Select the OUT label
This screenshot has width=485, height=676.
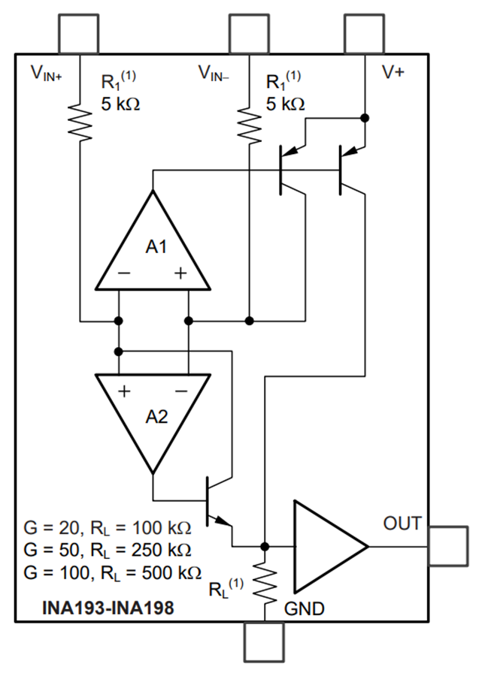pos(402,524)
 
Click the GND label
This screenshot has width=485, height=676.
pos(305,608)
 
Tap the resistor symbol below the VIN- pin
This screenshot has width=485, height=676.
pos(249,124)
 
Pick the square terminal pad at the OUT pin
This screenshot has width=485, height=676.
pos(448,546)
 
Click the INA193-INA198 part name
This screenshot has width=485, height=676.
pos(108,607)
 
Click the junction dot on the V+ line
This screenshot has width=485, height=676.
pos(365,118)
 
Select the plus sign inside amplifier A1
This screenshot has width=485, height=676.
pos(180,274)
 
